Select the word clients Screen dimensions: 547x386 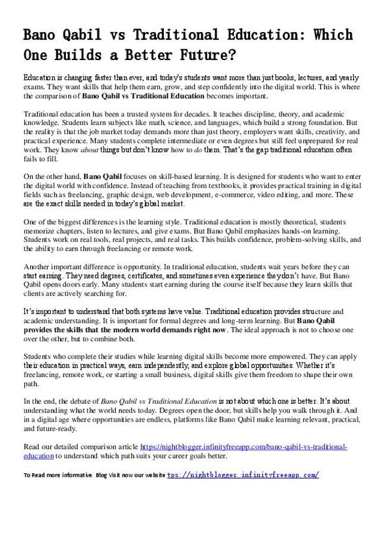(34, 293)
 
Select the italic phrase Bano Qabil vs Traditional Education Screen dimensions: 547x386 (159, 401)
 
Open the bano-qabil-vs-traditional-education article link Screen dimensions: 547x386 (243, 446)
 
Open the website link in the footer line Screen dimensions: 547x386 (243, 474)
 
